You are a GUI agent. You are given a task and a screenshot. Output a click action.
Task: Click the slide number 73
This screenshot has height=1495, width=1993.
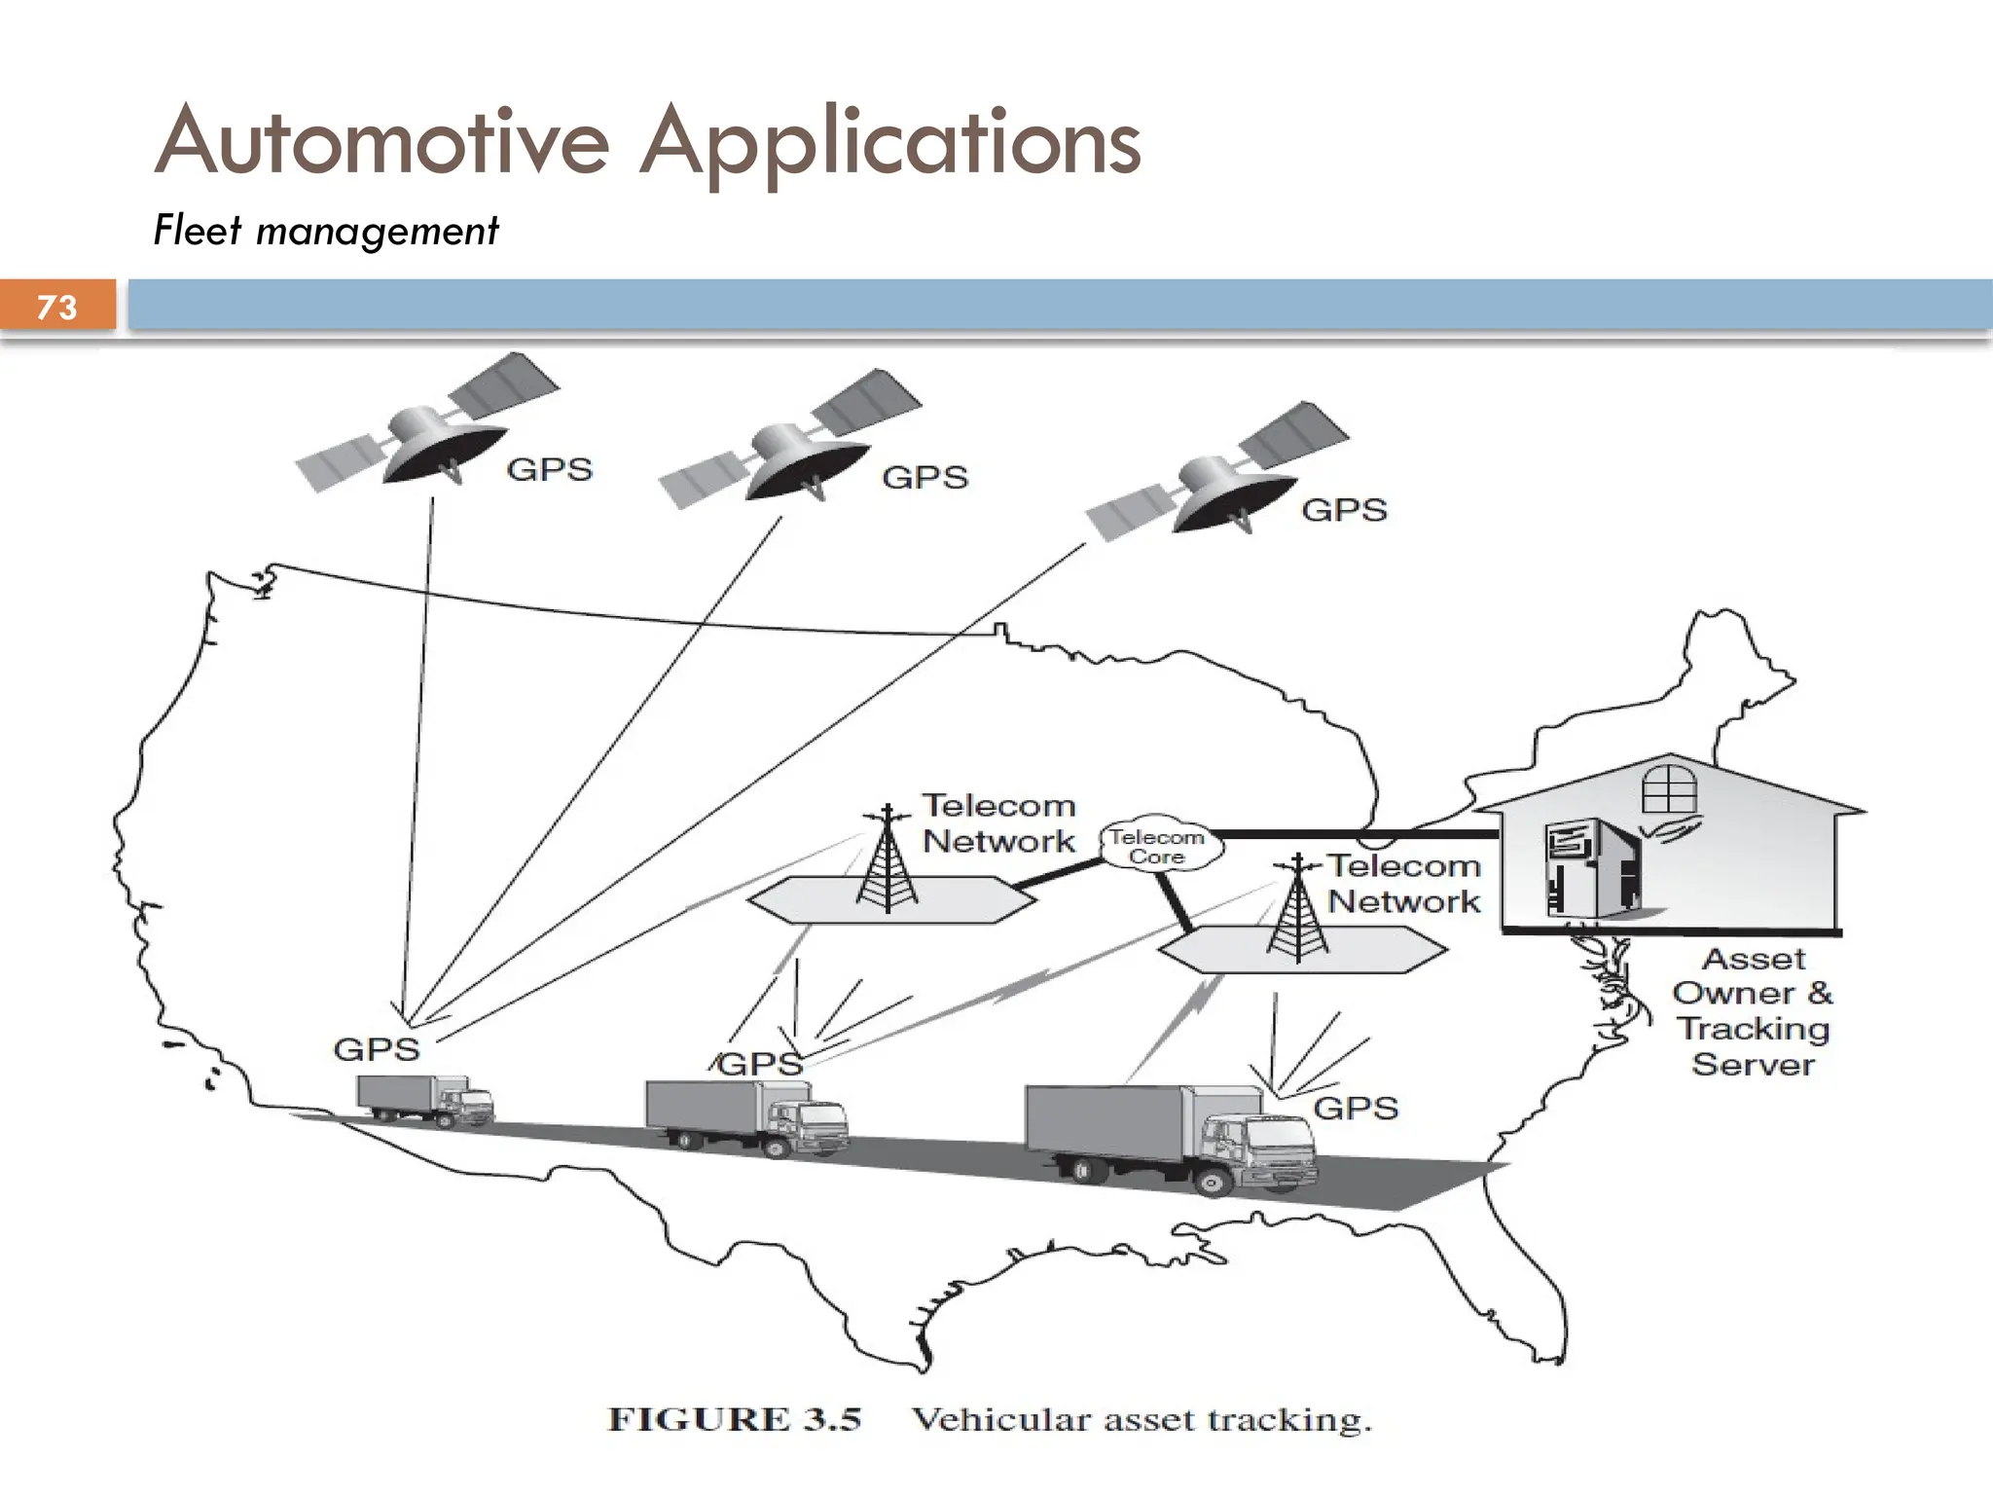coord(56,307)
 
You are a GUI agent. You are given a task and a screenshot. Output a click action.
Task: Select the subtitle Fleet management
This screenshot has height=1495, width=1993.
coord(326,232)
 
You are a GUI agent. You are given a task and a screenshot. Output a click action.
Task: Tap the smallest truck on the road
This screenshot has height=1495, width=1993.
coord(425,1100)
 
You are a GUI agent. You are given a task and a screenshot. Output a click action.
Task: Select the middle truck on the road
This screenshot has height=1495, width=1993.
coord(745,1116)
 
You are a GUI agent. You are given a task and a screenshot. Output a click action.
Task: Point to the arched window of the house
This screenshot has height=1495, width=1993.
coord(1669,788)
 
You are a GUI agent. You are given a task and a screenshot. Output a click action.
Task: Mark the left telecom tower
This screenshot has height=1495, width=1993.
coord(888,861)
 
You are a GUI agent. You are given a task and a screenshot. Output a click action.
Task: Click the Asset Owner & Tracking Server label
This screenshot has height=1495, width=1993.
coord(1753,1011)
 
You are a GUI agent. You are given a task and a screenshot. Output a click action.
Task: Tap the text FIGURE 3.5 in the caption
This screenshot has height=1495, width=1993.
coord(735,1419)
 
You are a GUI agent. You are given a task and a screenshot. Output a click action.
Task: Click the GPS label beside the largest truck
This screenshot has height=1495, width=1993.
coord(1356,1108)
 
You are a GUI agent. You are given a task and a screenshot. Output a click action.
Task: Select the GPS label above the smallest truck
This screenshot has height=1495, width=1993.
coord(377,1049)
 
